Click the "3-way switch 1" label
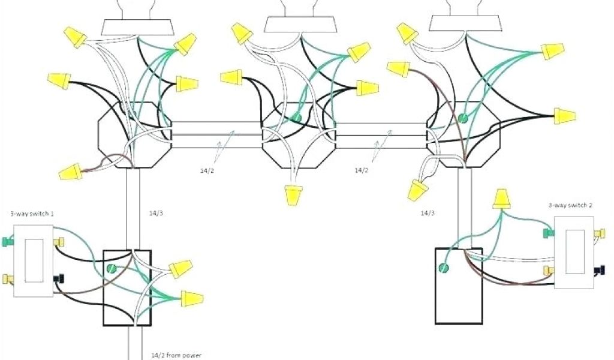(x=28, y=214)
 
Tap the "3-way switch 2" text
(x=570, y=205)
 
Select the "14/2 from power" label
(x=174, y=355)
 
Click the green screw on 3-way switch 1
(x=6, y=242)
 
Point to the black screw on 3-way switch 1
(x=59, y=278)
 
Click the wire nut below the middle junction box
(x=294, y=196)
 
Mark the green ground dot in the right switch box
(x=444, y=268)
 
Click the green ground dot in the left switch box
(x=111, y=270)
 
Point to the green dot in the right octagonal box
(x=463, y=119)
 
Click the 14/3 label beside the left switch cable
(x=155, y=212)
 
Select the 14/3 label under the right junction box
(x=428, y=212)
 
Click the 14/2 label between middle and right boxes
(x=361, y=170)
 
